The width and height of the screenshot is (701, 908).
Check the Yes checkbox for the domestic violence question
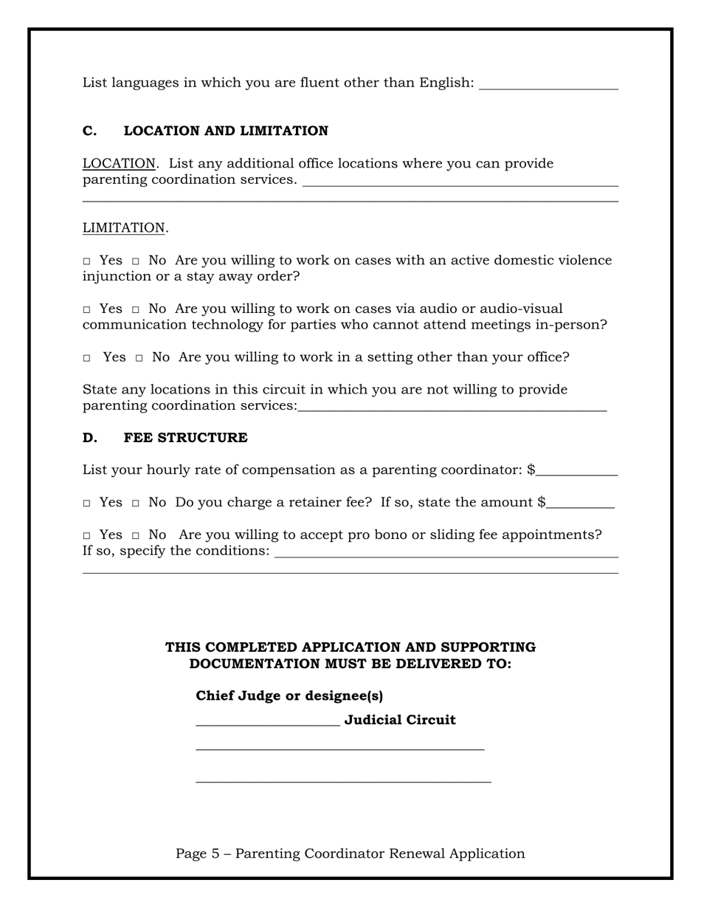(86, 261)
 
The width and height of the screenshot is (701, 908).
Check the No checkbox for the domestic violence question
(136, 261)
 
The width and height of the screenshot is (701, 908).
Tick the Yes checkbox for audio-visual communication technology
(86, 309)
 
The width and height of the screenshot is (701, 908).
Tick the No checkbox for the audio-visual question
(136, 309)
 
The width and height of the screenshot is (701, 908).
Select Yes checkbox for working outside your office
(86, 358)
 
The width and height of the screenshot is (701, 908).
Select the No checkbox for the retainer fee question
(136, 503)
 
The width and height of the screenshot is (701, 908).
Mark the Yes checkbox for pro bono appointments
(86, 536)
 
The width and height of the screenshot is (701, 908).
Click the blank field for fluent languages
(548, 83)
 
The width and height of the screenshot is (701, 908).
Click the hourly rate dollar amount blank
(577, 471)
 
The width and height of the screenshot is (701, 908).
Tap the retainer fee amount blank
(581, 503)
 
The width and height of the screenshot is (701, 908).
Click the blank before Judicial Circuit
(267, 720)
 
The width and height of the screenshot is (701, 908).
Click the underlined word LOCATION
(119, 163)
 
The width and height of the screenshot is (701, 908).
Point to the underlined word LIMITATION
(123, 228)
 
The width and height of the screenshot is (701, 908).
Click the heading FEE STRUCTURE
(185, 438)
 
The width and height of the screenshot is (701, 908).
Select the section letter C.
(89, 131)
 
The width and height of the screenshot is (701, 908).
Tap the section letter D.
(89, 438)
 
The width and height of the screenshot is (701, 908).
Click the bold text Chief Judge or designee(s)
(289, 695)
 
